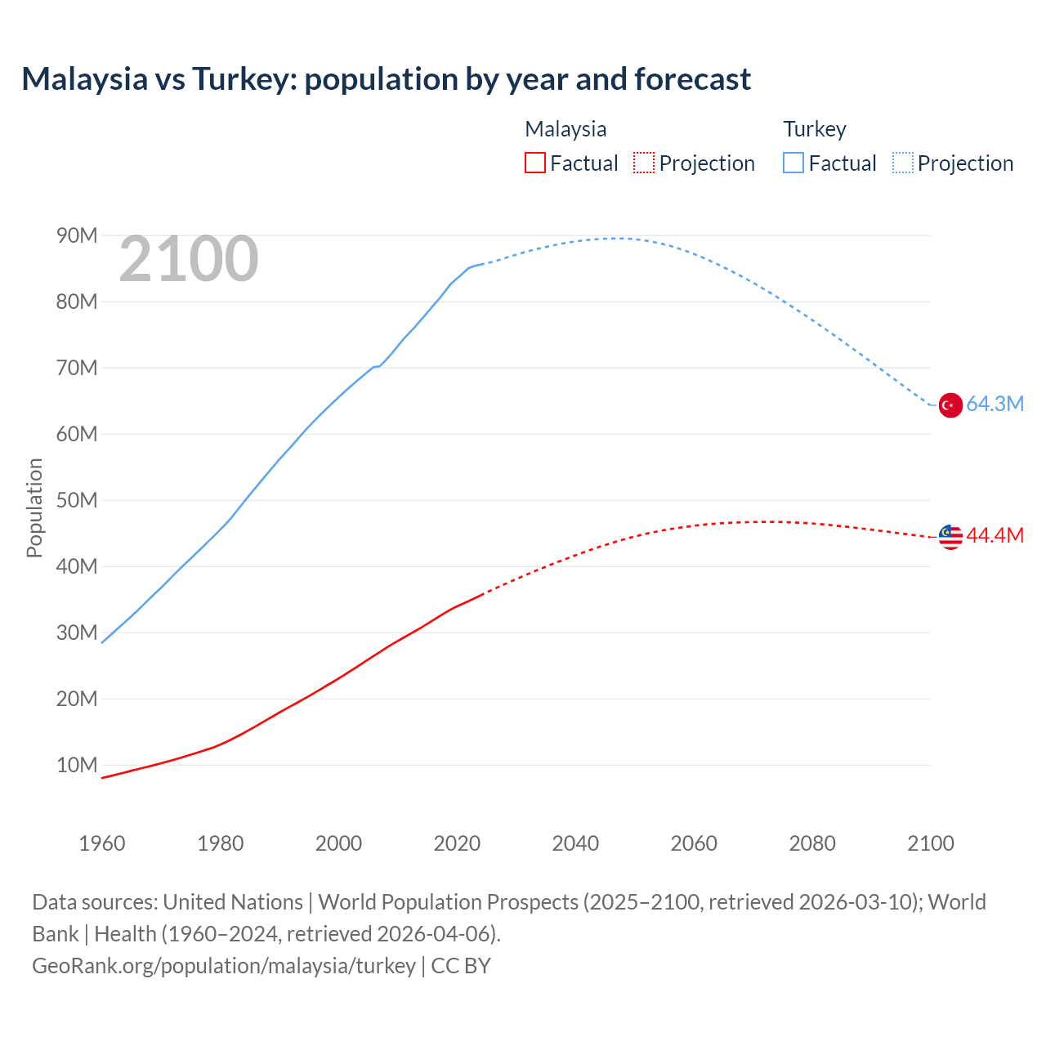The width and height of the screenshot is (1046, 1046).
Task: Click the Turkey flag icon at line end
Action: pos(950,405)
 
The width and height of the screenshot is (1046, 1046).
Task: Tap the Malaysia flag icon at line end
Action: pos(950,537)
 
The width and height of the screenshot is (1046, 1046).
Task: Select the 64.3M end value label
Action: pos(995,405)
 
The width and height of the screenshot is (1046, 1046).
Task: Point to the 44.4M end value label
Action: pos(995,536)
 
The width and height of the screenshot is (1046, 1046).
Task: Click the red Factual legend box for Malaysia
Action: pos(535,163)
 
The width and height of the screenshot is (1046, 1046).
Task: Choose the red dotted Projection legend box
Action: pos(644,163)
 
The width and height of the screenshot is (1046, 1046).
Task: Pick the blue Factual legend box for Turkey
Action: pos(793,163)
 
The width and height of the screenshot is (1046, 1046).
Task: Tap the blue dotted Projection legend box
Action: pos(903,163)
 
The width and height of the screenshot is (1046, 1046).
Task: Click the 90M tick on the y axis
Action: pos(77,236)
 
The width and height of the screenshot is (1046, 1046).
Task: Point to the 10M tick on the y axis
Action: pos(77,766)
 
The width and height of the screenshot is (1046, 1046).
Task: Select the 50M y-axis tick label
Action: pos(77,501)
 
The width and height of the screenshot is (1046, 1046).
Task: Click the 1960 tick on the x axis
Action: pos(102,843)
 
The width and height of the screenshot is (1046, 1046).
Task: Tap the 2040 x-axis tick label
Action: pos(575,843)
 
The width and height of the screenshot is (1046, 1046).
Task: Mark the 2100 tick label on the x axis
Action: pos(930,843)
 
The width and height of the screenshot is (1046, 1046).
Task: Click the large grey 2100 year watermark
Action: pos(189,260)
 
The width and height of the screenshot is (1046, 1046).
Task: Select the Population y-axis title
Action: pos(34,507)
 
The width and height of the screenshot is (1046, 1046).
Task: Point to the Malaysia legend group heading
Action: pos(565,129)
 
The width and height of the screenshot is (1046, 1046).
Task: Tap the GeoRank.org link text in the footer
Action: pos(223,966)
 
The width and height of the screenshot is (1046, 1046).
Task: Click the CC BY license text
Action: pos(461,966)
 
